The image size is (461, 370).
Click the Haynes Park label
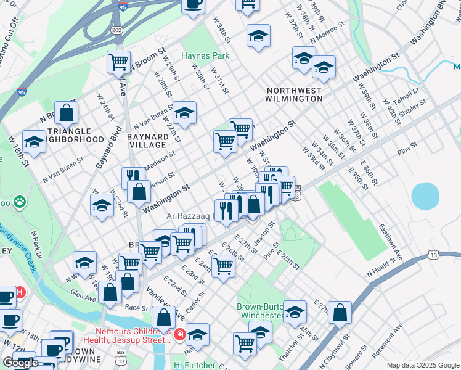(205, 55)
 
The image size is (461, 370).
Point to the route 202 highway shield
(116, 29)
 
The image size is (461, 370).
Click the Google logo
(20, 363)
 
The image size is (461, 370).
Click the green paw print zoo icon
(20, 200)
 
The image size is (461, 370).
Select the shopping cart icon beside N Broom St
(118, 61)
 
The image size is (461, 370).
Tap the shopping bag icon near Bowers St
(340, 312)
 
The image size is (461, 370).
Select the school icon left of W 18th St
(35, 142)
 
